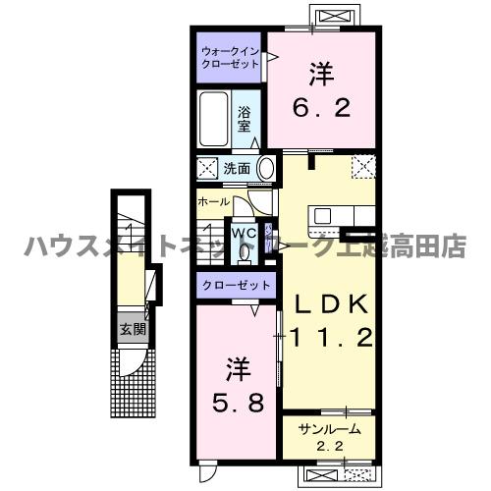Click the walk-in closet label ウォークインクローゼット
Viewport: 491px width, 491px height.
230,56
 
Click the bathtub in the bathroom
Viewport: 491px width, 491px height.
213,120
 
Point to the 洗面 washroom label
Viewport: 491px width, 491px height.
236,168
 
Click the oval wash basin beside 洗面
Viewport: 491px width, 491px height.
265,168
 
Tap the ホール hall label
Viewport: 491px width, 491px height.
213,202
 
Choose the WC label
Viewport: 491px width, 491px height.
244,234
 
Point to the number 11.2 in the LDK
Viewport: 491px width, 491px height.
332,339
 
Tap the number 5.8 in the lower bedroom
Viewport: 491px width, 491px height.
238,403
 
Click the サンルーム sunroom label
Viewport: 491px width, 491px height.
329,429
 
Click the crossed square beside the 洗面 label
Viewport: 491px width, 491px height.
207,168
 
